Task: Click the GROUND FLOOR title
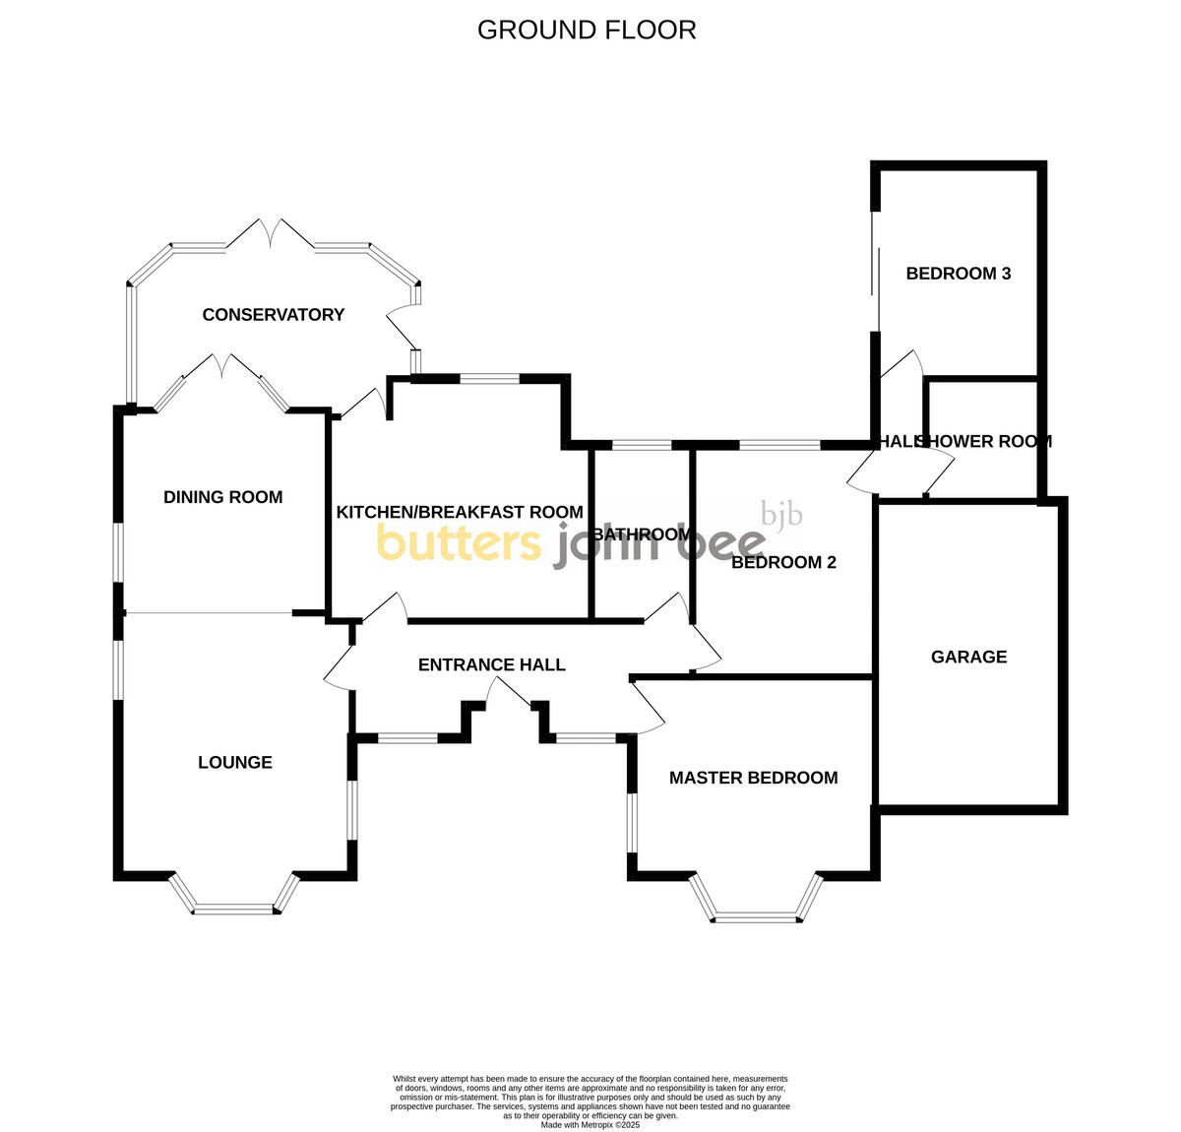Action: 587,31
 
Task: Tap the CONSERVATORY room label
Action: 274,315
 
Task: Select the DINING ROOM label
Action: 223,498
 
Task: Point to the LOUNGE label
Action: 235,763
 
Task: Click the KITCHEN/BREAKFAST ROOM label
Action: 460,513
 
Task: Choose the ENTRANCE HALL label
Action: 492,665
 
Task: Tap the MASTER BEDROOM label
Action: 754,779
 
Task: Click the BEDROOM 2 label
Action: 783,563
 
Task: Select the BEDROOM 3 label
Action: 959,274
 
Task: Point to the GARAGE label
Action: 969,658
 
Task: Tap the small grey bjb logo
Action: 782,514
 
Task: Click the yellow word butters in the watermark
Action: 459,542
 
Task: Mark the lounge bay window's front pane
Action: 233,909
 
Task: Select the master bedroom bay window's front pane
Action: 756,918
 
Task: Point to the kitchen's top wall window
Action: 489,378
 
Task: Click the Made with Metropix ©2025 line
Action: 590,1125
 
